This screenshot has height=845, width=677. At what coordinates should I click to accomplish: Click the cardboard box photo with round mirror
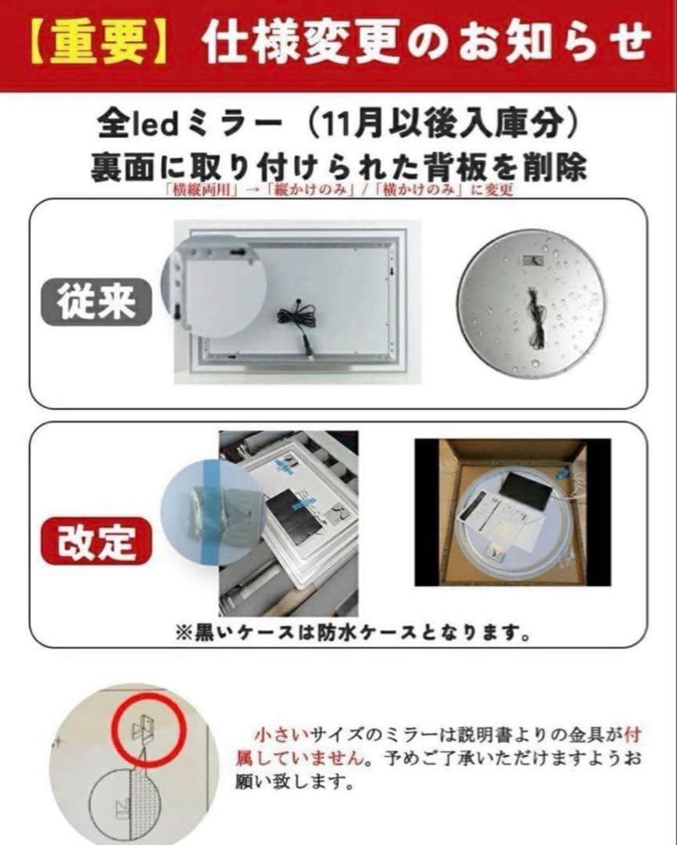click(x=512, y=512)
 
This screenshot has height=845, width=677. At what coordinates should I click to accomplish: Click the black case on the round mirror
click(x=525, y=491)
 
